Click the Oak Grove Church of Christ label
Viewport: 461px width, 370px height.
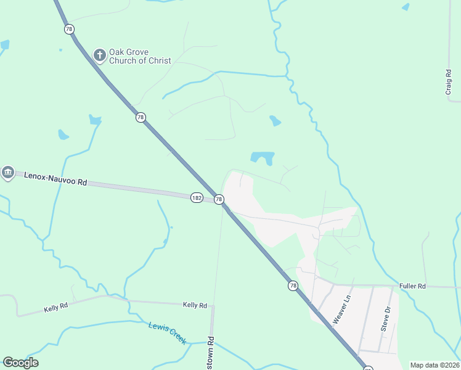point(140,56)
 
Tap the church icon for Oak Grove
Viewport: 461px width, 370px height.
point(99,55)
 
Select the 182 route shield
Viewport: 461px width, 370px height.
point(197,197)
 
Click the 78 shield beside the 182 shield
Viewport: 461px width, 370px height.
point(219,199)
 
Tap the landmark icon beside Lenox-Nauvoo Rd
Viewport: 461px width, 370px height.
point(7,173)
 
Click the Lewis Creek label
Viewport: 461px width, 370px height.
point(167,333)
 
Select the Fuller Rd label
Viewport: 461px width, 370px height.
point(412,286)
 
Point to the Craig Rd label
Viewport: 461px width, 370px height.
point(449,81)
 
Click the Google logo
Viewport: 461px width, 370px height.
point(20,363)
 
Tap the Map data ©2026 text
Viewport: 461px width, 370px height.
point(434,365)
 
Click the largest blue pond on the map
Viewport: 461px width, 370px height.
point(263,158)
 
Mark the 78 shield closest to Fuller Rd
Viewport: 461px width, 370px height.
point(293,286)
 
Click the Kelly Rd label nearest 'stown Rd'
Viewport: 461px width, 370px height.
point(195,305)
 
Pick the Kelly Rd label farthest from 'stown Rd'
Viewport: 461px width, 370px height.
point(56,308)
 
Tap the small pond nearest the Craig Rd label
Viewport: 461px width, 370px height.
point(405,7)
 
